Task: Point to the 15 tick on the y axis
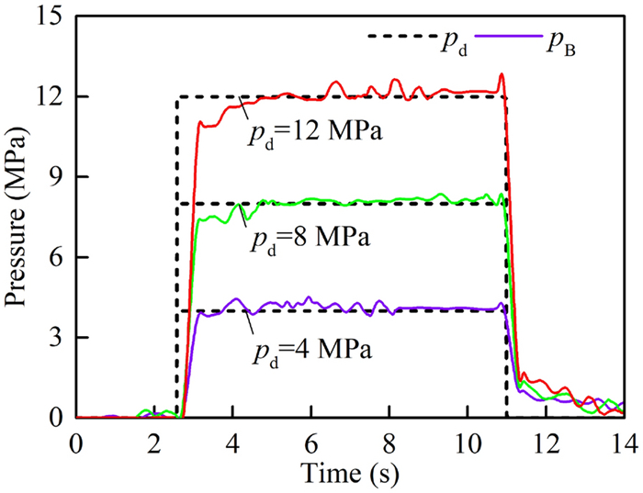49,17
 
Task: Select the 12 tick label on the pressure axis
49,96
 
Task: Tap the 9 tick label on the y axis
55,177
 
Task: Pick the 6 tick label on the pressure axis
55,257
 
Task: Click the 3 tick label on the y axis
55,338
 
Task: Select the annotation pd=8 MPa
308,241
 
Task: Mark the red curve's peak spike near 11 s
502,74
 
